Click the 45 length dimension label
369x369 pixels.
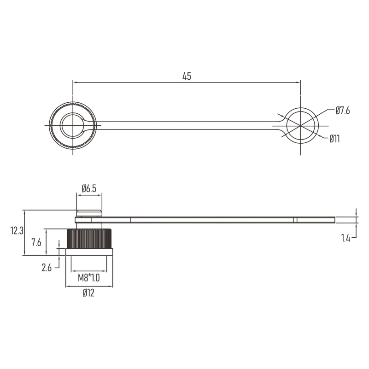187,76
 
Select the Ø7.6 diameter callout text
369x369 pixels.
343,111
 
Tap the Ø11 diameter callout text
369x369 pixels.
334,139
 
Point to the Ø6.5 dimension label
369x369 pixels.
89,188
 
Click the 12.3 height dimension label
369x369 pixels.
17,231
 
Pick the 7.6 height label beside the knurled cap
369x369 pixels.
36,242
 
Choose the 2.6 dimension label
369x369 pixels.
47,268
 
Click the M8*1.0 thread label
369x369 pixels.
89,278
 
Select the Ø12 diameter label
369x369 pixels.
89,293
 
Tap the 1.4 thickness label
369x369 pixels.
346,239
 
